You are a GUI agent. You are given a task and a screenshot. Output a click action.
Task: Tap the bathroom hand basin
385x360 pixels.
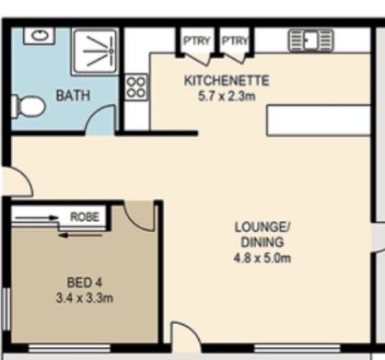click(x=40, y=36)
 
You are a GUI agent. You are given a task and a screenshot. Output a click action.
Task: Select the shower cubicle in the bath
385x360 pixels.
click(x=95, y=52)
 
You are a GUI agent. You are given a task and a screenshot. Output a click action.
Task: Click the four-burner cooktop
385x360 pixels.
click(x=136, y=87)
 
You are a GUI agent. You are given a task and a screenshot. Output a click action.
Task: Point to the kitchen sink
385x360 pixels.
click(x=310, y=41)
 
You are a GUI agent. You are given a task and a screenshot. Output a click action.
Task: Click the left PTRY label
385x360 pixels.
click(x=197, y=41)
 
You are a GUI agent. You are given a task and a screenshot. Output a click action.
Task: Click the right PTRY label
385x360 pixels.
click(x=235, y=41)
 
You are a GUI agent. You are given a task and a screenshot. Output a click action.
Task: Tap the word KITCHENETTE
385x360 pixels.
click(x=227, y=81)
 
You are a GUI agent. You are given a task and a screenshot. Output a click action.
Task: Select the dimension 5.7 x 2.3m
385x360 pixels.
click(x=227, y=97)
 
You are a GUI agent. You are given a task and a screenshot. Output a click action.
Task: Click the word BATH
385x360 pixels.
click(x=73, y=96)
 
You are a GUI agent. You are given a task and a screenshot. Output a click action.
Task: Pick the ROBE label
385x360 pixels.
click(x=85, y=217)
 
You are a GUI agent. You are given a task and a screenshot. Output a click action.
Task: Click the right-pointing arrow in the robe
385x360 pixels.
click(x=37, y=218)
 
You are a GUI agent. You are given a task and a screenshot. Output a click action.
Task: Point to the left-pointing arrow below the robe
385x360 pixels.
click(x=80, y=236)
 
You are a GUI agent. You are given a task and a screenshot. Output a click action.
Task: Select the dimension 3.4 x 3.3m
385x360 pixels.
click(x=85, y=298)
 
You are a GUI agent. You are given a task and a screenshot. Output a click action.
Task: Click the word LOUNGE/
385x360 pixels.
click(x=262, y=227)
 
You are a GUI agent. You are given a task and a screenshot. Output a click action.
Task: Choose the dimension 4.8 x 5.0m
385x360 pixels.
click(x=262, y=258)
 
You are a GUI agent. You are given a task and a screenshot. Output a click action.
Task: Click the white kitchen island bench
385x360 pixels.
click(x=319, y=121)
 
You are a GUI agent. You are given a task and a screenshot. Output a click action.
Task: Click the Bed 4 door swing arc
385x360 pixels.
click(x=135, y=221)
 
